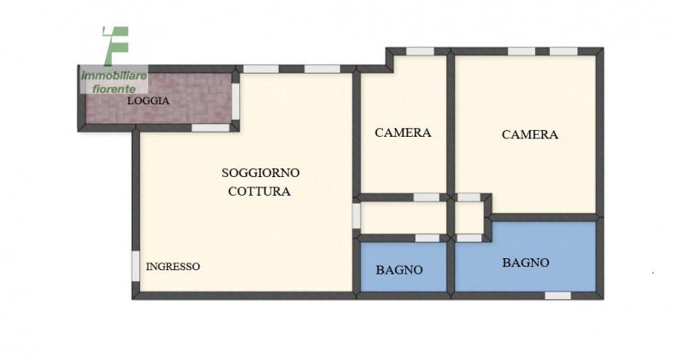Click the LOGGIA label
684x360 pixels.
[x=148, y=101]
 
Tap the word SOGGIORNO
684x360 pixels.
[x=261, y=173]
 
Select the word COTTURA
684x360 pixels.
[x=260, y=192]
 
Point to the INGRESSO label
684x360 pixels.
[x=173, y=267]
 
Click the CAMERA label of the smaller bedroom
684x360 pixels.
[x=403, y=133]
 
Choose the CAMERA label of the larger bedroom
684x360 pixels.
[x=530, y=134]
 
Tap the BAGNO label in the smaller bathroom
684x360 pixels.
[x=399, y=270]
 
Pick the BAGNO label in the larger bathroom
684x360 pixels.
[x=526, y=263]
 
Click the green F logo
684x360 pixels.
[x=116, y=45]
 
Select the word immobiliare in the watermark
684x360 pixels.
[x=115, y=76]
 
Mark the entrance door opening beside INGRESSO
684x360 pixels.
[x=136, y=266]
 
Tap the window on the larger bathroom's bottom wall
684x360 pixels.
[x=558, y=296]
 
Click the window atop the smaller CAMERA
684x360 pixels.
[x=420, y=51]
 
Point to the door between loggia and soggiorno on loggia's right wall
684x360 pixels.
[x=236, y=101]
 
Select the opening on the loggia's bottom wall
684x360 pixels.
[x=210, y=128]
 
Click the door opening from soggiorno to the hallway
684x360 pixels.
[x=357, y=216]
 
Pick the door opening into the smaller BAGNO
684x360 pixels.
[x=427, y=239]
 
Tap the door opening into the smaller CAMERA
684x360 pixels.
[x=426, y=198]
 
